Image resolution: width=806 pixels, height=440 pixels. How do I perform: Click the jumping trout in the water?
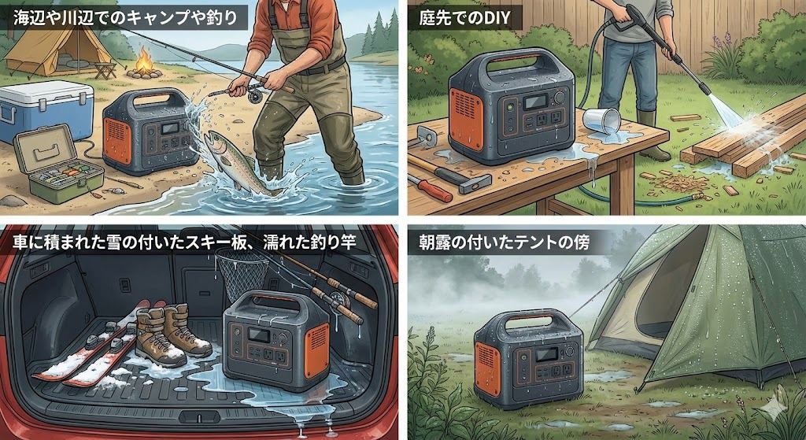tap(237, 162)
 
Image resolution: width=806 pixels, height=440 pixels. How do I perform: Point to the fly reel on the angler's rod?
tap(253, 95)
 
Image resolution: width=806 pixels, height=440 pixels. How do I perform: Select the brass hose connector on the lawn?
tap(699, 196)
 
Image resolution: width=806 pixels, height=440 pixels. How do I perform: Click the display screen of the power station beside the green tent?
tap(546, 354)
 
